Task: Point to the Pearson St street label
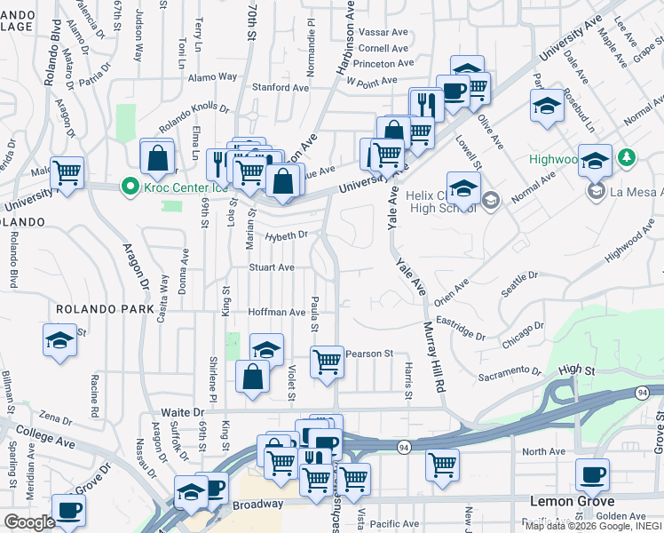(369, 354)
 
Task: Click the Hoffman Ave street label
(277, 312)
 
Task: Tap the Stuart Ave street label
(272, 266)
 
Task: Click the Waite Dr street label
(183, 412)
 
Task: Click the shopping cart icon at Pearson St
(327, 362)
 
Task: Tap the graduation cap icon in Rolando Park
(59, 339)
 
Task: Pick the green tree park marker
(628, 157)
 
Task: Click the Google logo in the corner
(30, 522)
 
